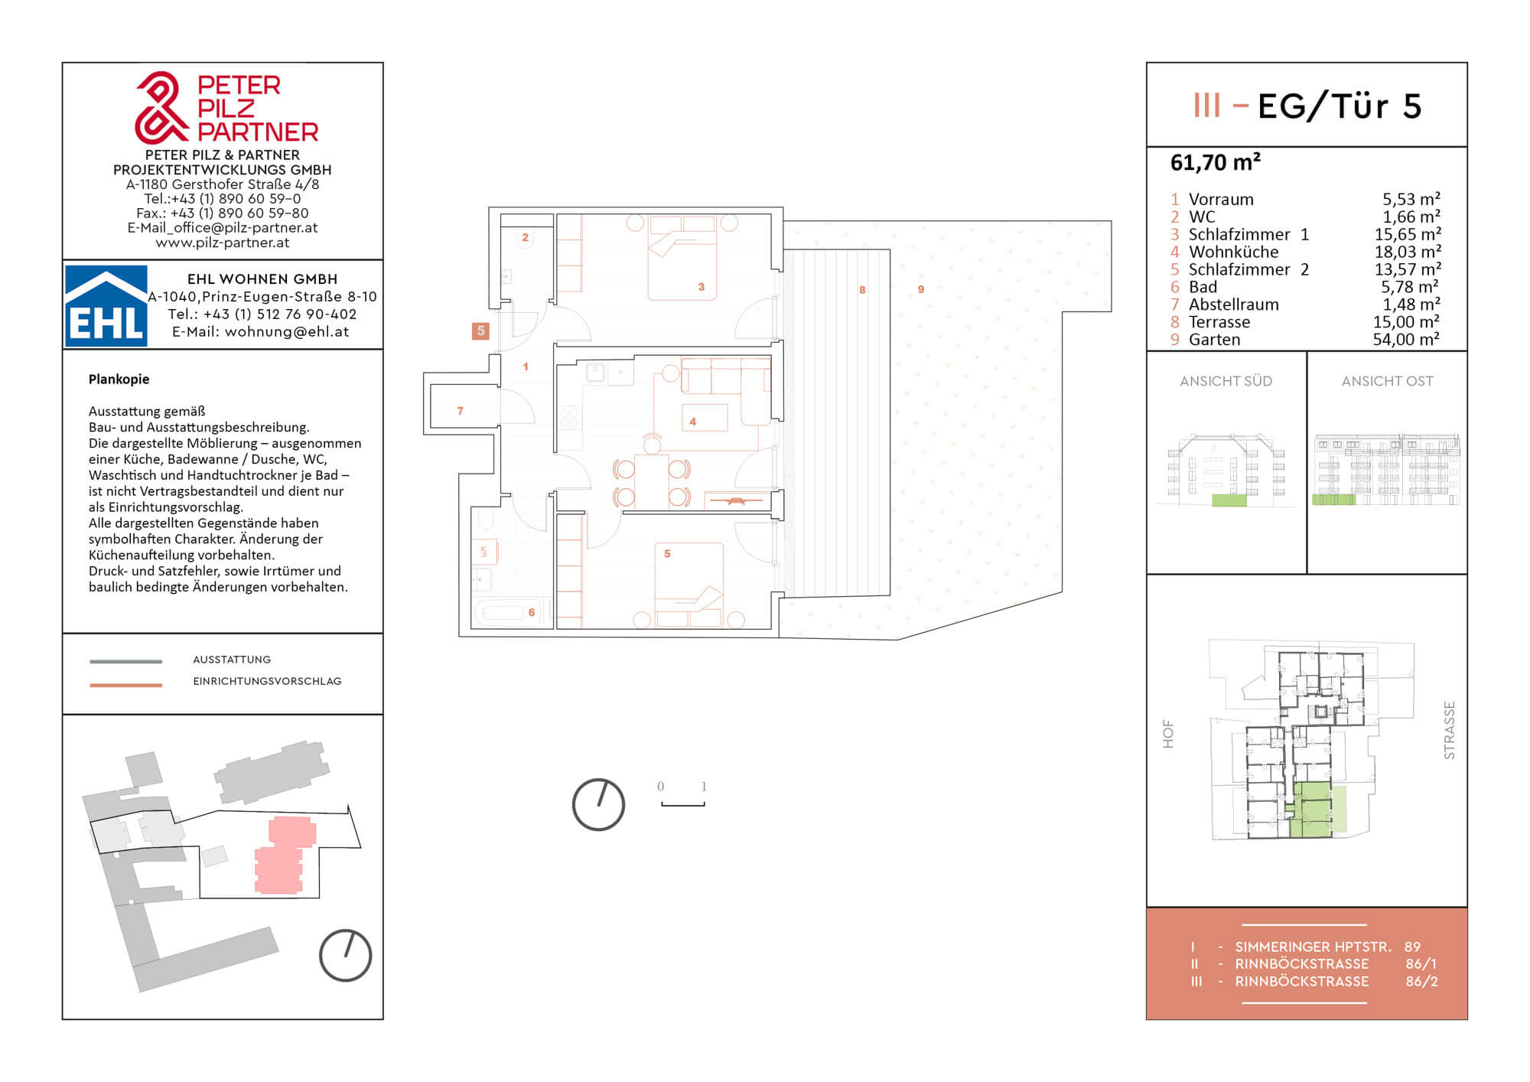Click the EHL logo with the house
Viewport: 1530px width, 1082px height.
[x=106, y=305]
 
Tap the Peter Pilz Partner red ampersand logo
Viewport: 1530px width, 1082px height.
[x=161, y=108]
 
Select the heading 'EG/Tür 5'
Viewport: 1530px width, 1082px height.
[x=1339, y=106]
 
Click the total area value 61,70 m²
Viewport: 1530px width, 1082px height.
[x=1215, y=162]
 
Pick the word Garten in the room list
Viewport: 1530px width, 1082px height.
[x=1214, y=340]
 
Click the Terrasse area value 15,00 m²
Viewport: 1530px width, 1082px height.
[x=1406, y=322]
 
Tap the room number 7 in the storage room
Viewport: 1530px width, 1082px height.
[x=460, y=411]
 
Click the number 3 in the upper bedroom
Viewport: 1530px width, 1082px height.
[x=701, y=287]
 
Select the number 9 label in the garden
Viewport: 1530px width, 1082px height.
[x=921, y=289]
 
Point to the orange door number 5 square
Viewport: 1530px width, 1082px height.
[x=480, y=331]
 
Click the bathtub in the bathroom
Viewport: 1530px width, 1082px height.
[x=502, y=612]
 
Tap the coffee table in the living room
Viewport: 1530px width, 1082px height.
[x=705, y=417]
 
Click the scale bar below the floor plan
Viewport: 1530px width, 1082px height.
[x=682, y=803]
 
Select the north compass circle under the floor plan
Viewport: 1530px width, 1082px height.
[x=598, y=804]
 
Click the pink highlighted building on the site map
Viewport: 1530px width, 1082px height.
[x=285, y=855]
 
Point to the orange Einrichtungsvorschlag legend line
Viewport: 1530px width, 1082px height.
[x=125, y=685]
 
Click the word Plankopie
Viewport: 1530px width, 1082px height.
[x=119, y=380]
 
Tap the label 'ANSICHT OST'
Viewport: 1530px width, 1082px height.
[x=1387, y=381]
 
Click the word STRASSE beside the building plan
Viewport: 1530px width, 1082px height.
[x=1449, y=731]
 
